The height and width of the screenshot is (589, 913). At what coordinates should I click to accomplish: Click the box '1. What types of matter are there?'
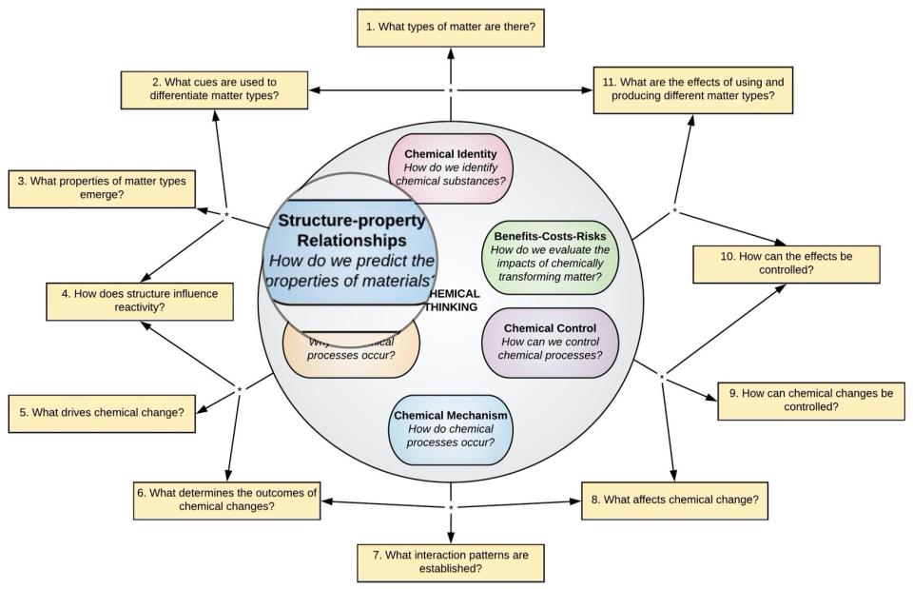pos(452,27)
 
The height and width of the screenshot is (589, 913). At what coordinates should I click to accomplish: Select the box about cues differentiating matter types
pos(214,89)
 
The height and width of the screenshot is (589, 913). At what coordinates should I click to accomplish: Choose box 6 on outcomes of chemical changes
pos(226,500)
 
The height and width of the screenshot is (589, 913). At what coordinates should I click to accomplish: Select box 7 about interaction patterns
pos(451,561)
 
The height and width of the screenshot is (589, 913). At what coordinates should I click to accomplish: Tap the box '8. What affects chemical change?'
pos(674,500)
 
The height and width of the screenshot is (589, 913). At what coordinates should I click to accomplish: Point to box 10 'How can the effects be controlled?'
pos(786,264)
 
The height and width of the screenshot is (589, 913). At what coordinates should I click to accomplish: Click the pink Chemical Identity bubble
pos(451,167)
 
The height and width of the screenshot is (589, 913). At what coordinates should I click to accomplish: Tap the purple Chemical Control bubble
pos(550,343)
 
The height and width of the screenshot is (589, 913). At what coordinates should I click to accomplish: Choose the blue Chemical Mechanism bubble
pos(451,429)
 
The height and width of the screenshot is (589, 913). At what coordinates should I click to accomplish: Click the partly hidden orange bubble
pos(351,352)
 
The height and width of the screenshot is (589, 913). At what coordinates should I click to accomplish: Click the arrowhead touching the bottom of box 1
pos(452,52)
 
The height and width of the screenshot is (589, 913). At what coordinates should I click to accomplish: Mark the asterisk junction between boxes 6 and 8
pos(451,507)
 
